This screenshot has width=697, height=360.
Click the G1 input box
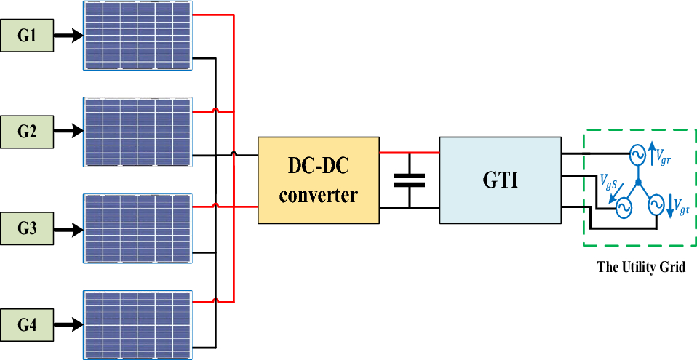pyautogui.click(x=28, y=36)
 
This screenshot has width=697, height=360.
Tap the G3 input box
pyautogui.click(x=28, y=228)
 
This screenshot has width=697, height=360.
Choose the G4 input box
pyautogui.click(x=28, y=325)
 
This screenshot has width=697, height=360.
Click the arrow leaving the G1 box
pyautogui.click(x=68, y=36)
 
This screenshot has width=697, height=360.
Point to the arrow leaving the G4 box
pyautogui.click(x=68, y=325)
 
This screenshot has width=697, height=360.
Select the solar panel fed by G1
pyautogui.click(x=138, y=36)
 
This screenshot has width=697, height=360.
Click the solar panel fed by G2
pyautogui.click(x=138, y=132)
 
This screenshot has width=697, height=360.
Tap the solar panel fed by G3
pyautogui.click(x=138, y=228)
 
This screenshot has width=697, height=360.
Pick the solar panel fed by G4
pyautogui.click(x=138, y=325)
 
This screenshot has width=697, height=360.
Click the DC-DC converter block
pyautogui.click(x=319, y=180)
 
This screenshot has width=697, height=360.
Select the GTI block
pyautogui.click(x=500, y=180)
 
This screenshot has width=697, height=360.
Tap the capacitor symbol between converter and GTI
pyautogui.click(x=410, y=180)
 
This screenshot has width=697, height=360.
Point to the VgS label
pyautogui.click(x=609, y=181)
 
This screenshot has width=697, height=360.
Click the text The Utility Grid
pyautogui.click(x=641, y=267)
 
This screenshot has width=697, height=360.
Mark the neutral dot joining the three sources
pyautogui.click(x=637, y=183)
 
